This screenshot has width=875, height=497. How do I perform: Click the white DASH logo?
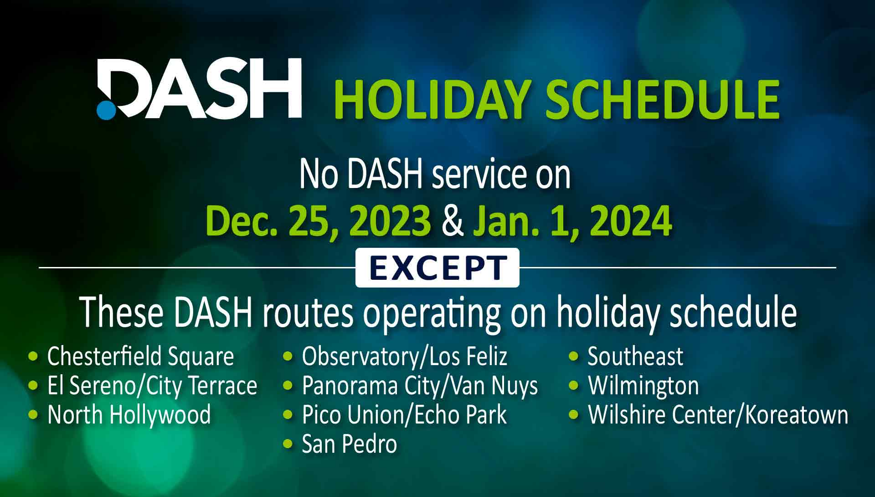(x=199, y=89)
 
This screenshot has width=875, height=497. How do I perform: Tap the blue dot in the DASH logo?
(x=106, y=110)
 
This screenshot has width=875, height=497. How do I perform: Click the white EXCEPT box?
(x=437, y=267)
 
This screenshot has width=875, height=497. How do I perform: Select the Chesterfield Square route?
(x=141, y=356)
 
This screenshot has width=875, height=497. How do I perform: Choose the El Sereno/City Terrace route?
(x=152, y=386)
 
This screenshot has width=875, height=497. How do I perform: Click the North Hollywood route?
(x=129, y=415)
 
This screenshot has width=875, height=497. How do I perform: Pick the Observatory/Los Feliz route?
(x=405, y=356)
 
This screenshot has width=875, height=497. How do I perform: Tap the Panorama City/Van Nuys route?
(x=420, y=386)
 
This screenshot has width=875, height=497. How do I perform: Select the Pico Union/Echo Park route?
(x=404, y=415)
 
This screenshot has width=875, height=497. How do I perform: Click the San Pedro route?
(x=350, y=444)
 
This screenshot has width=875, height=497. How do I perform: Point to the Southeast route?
(x=635, y=356)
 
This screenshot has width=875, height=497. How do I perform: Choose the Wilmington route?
(x=643, y=386)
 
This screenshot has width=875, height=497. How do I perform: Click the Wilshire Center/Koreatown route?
(x=718, y=415)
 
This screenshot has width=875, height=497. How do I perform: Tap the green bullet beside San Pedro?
(x=288, y=443)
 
